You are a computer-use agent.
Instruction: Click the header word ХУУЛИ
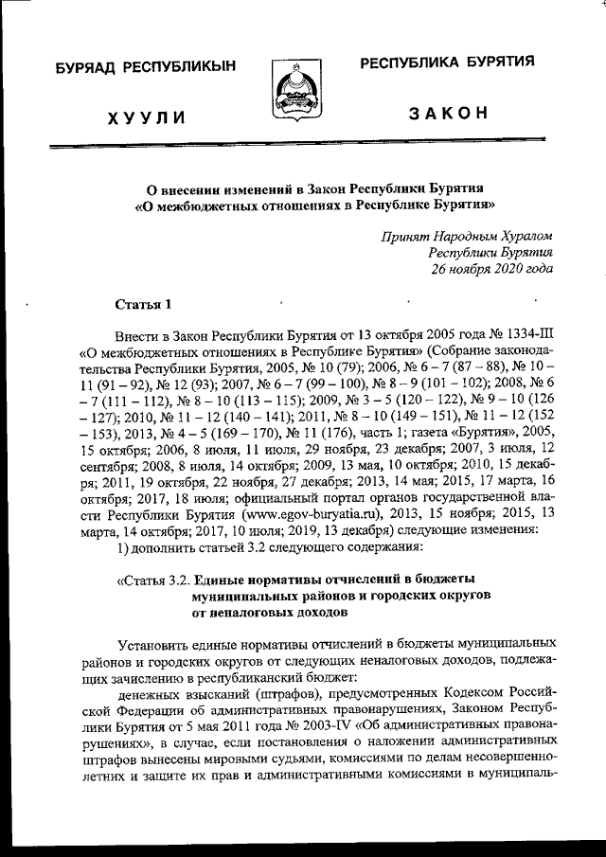(145, 117)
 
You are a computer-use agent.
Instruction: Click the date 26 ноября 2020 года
(491, 268)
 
